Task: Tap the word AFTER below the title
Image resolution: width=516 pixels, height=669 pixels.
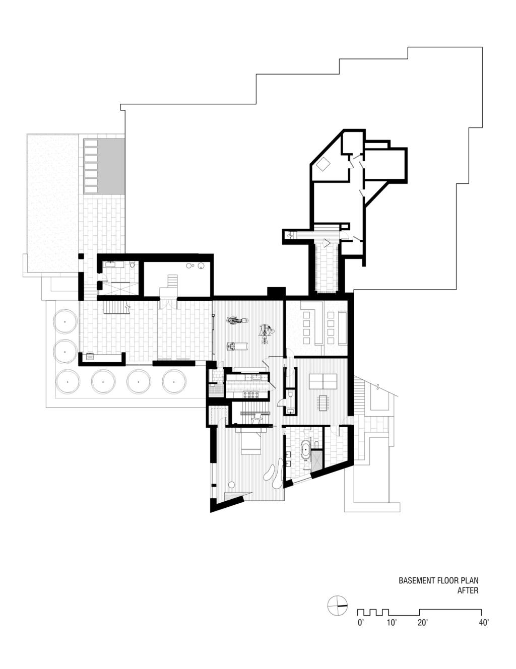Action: click(468, 590)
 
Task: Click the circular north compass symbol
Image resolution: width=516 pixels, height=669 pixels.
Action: click(338, 606)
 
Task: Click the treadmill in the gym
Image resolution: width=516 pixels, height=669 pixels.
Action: click(234, 347)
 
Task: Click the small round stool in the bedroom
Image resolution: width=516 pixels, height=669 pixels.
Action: click(231, 485)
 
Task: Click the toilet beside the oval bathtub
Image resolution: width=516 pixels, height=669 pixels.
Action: click(316, 444)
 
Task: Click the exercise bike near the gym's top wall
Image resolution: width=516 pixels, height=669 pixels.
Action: click(237, 320)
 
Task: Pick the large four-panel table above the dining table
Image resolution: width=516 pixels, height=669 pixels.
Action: click(323, 382)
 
